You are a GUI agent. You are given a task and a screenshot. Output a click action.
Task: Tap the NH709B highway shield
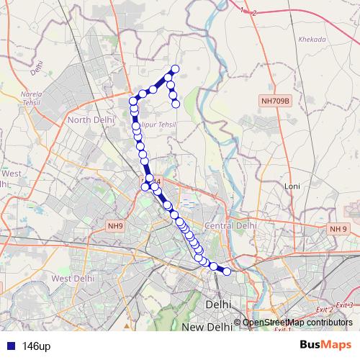point(275,102)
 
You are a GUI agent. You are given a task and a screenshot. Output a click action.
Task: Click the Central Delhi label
point(231,225)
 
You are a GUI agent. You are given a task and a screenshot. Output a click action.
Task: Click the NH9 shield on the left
point(116,226)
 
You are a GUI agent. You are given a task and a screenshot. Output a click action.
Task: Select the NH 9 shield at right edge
point(338,228)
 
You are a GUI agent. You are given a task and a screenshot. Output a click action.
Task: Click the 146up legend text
point(35,346)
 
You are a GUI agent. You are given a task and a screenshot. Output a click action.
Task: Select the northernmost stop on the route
point(174,68)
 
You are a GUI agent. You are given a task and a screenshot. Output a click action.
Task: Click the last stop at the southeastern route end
point(227,271)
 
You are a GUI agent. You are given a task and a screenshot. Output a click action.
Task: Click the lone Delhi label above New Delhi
point(218,305)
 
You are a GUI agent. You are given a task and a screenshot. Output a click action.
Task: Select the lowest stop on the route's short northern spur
point(176,104)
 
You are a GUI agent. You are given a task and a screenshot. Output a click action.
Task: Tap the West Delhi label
point(73,278)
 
